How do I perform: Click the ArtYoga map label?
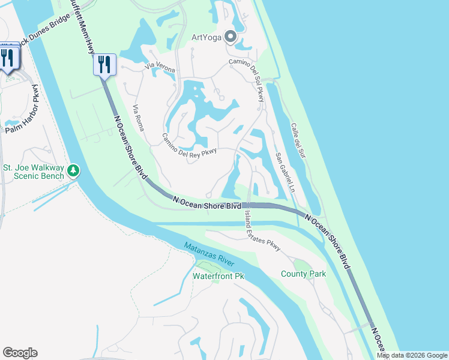[206, 37]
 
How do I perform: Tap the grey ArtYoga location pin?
[229, 37]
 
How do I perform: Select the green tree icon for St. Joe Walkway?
[73, 171]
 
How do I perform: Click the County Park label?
[303, 274]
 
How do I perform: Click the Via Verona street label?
[159, 69]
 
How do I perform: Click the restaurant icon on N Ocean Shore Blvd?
[104, 64]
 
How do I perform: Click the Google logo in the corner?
[20, 353]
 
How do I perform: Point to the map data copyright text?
[411, 355]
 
